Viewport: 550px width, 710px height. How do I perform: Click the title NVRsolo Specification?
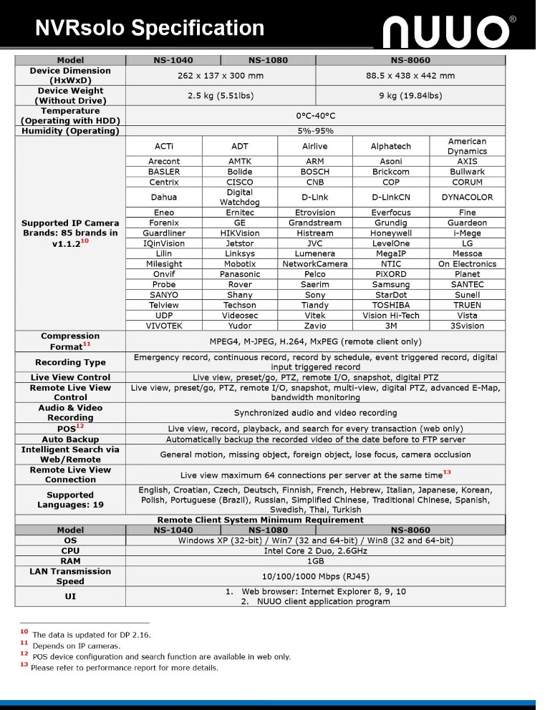pyautogui.click(x=150, y=28)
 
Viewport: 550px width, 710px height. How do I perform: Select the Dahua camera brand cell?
pyautogui.click(x=163, y=197)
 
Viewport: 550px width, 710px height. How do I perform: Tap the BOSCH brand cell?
pyautogui.click(x=314, y=172)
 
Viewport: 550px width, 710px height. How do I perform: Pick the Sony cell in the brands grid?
pyautogui.click(x=314, y=295)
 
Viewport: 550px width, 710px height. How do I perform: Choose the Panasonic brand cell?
pyautogui.click(x=239, y=274)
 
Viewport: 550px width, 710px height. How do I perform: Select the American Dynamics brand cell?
pyautogui.click(x=467, y=146)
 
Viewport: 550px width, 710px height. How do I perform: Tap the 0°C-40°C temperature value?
pyautogui.click(x=315, y=116)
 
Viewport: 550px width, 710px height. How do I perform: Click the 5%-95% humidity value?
pyautogui.click(x=315, y=131)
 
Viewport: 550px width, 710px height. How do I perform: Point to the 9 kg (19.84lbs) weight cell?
pyautogui.click(x=410, y=96)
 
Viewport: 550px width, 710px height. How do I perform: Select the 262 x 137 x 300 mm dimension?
pyautogui.click(x=220, y=76)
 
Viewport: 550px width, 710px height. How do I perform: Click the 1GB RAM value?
pyautogui.click(x=315, y=561)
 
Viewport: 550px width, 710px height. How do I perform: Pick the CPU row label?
pyautogui.click(x=70, y=551)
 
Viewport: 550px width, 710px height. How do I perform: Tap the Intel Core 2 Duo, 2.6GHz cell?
pyautogui.click(x=315, y=551)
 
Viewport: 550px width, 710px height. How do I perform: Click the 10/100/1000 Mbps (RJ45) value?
pyautogui.click(x=315, y=576)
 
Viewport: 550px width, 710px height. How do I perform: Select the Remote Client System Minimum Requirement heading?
pyautogui.click(x=260, y=520)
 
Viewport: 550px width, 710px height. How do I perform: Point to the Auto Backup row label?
pyautogui.click(x=70, y=439)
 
